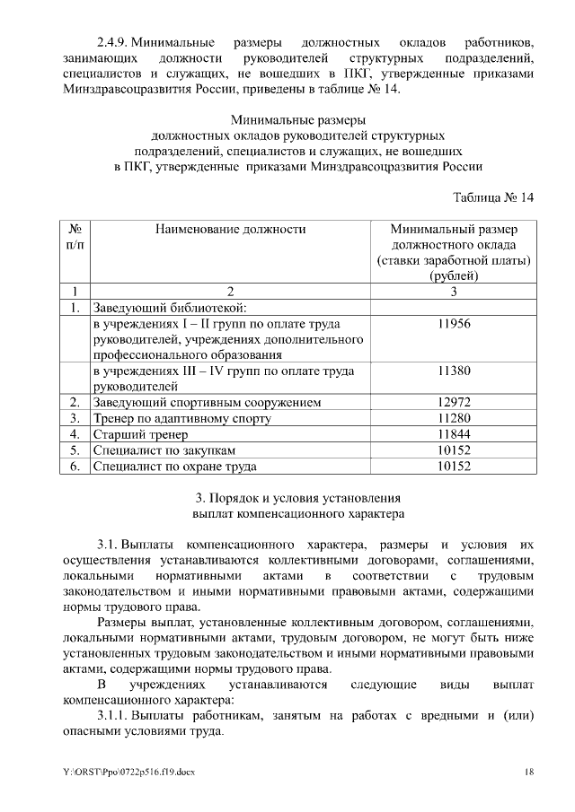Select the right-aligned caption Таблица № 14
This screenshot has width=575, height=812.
point(493,198)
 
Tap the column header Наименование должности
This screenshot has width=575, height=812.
point(230,230)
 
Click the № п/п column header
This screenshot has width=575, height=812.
point(75,237)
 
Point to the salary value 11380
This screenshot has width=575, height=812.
point(454,371)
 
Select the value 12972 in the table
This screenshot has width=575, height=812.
point(454,402)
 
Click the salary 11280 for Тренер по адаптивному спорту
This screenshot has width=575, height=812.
point(454,418)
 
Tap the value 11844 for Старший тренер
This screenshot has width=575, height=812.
point(454,434)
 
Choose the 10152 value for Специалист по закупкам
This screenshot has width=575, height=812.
point(454,450)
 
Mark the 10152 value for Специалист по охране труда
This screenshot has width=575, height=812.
point(454,467)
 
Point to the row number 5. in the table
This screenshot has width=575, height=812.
point(75,450)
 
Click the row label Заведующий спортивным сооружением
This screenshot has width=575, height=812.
point(208,402)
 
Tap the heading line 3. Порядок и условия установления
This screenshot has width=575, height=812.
point(297,498)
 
